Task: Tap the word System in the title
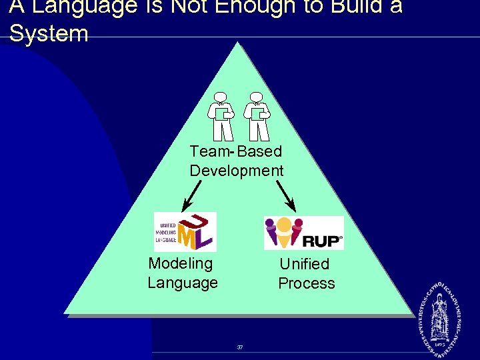(x=49, y=33)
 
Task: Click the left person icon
(x=220, y=115)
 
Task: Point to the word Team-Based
(x=235, y=152)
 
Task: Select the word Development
(x=237, y=171)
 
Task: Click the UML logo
(x=185, y=231)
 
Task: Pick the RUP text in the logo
(x=321, y=239)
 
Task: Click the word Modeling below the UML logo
(x=180, y=263)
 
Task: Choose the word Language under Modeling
(x=183, y=283)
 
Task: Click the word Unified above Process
(x=305, y=264)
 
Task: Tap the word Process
(x=307, y=283)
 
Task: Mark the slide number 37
(x=240, y=347)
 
